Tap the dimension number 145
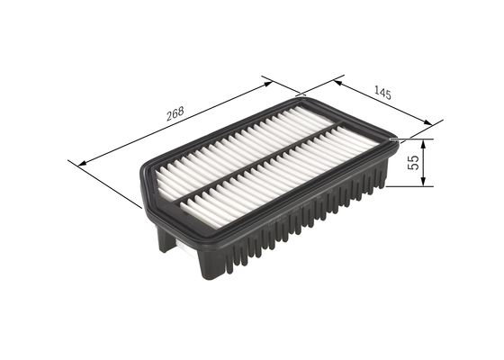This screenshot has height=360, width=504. (x=382, y=92)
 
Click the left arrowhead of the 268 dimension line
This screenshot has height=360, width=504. (x=84, y=163)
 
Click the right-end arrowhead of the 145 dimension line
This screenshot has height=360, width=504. (x=426, y=124)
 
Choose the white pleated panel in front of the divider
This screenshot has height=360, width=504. (x=288, y=180)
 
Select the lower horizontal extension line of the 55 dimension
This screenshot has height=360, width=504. (x=409, y=186)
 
